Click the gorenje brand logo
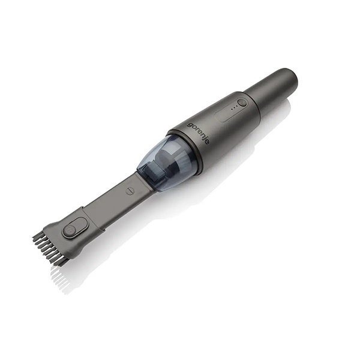tap(198, 133)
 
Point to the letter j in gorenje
tap(205, 139)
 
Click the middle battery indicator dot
tap(234, 107)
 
